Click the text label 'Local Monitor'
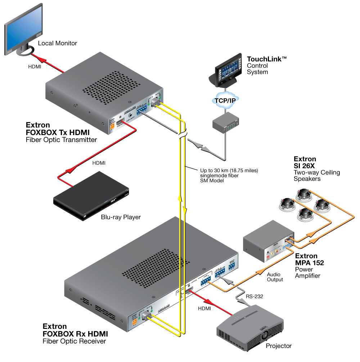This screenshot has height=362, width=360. point(58,43)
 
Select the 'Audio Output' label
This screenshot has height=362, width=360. point(275,277)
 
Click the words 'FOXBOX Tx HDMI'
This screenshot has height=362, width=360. point(58,133)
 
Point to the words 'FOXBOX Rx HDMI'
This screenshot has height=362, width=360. point(75,334)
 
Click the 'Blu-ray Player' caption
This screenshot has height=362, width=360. point(121,217)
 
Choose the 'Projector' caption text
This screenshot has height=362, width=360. point(279,346)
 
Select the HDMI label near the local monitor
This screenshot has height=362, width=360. point(35,67)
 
